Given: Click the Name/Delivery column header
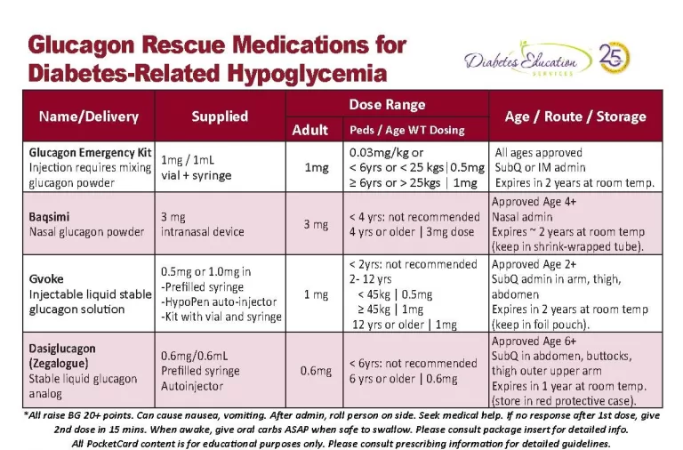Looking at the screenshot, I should (88, 117).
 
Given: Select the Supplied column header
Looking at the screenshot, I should (220, 117).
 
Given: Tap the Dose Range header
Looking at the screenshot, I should (387, 104).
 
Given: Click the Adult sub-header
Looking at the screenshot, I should (310, 130).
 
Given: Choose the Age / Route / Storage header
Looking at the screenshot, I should (575, 117).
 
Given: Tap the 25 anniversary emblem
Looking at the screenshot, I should (615, 59).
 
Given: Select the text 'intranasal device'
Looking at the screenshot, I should (202, 232).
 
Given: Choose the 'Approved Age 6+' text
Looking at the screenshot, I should (534, 341).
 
